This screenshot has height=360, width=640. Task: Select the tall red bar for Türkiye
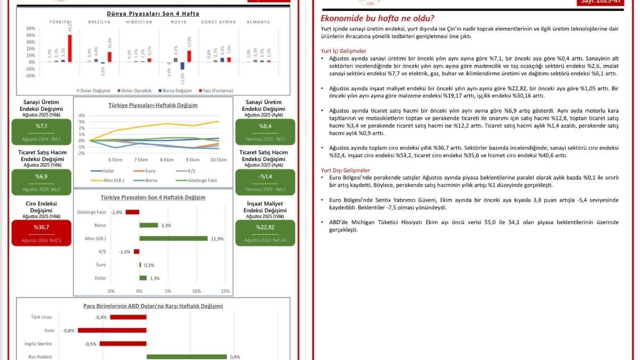pyautogui.click(x=69, y=48)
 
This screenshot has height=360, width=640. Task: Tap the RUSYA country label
pyautogui.click(x=178, y=22)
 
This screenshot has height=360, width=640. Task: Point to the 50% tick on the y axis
pyautogui.click(x=30, y=29)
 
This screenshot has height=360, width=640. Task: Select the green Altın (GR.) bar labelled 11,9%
pyautogui.click(x=173, y=238)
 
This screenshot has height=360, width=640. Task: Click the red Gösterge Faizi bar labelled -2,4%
pyautogui.click(x=132, y=212)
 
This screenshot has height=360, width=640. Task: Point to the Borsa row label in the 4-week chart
pyautogui.click(x=100, y=225)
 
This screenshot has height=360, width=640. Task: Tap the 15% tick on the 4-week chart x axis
pyautogui.click(x=225, y=291)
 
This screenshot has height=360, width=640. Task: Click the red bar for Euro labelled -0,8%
pyautogui.click(x=112, y=330)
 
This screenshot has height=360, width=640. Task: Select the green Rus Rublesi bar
pyautogui.click(x=187, y=357)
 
